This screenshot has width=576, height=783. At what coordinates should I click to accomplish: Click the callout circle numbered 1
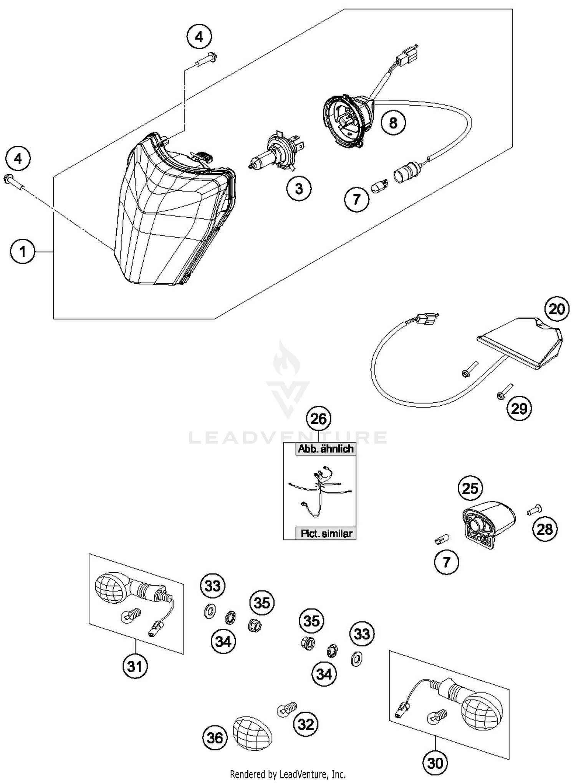click(23, 252)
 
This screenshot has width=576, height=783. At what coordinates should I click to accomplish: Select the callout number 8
click(393, 123)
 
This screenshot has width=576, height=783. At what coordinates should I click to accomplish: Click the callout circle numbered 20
click(556, 309)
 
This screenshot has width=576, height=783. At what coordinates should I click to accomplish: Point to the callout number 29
click(519, 408)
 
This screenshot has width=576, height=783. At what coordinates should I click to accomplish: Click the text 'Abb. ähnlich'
click(326, 449)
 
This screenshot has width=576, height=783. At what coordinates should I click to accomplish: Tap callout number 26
click(319, 419)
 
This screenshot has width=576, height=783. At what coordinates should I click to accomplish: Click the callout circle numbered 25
click(470, 489)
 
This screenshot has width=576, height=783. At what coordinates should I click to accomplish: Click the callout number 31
click(135, 667)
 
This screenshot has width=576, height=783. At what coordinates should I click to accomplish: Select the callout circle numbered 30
click(435, 763)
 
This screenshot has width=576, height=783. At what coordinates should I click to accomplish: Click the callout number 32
click(306, 724)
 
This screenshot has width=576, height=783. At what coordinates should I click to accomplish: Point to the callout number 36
click(215, 737)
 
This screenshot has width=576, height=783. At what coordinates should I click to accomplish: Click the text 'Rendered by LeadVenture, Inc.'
click(288, 774)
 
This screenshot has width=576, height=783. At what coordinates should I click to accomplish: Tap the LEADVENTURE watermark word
click(288, 438)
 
